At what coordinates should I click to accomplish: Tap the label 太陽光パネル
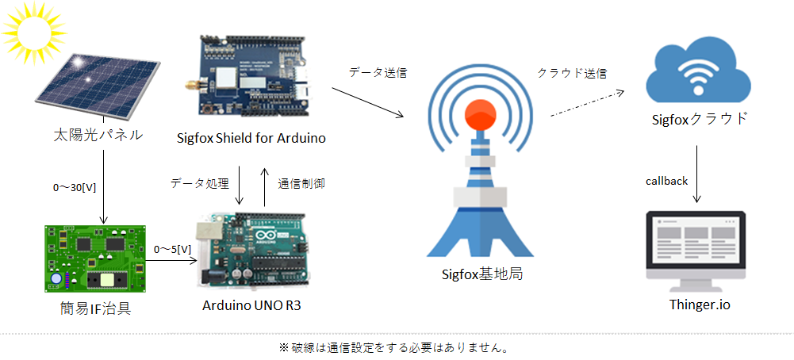tap(93, 136)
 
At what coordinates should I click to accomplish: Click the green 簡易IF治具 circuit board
tap(95, 257)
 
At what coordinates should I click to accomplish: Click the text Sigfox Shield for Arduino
tap(251, 138)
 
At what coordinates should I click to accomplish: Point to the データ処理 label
tap(198, 182)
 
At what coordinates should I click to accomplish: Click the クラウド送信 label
tap(572, 72)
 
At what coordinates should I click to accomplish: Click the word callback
tap(666, 181)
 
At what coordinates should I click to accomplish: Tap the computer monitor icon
tap(696, 249)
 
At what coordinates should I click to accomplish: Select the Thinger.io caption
tap(696, 304)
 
